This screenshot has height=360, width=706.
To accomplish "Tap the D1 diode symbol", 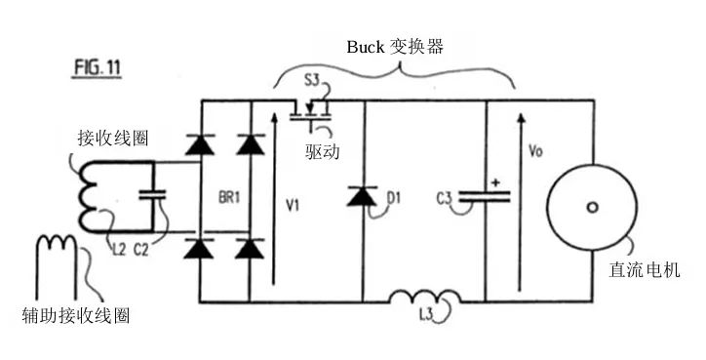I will tap(362, 198).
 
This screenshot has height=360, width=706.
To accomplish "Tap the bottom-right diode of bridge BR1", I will tap(251, 248).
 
